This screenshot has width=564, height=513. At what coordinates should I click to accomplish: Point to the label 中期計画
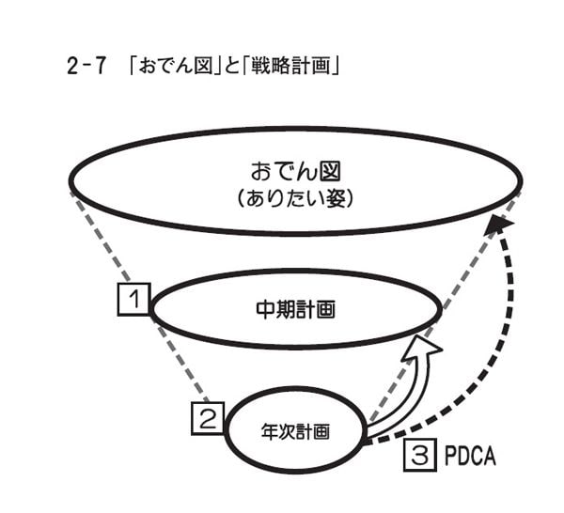pyautogui.click(x=295, y=309)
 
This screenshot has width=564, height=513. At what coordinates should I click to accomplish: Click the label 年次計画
pyautogui.click(x=295, y=434)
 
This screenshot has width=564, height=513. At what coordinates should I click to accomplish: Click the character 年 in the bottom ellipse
pyautogui.click(x=268, y=434)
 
